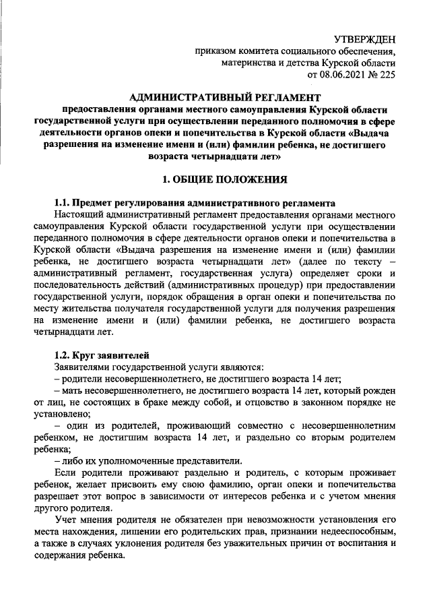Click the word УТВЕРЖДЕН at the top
365,40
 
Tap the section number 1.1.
62,202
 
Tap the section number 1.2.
62,355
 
